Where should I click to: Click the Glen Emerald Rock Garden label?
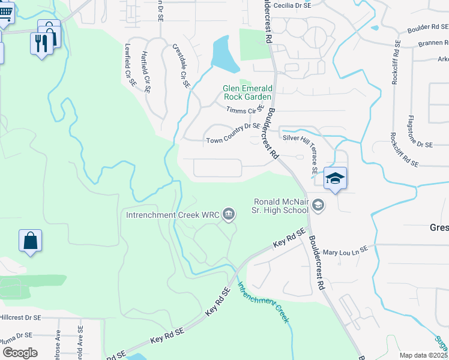pos(247,92)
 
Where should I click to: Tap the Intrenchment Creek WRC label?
pos(172,214)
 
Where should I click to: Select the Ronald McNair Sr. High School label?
pos(280,206)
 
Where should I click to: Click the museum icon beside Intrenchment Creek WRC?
pos(228,214)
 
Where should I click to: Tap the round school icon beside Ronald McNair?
pos(318,206)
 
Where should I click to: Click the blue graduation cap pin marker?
pos(336,178)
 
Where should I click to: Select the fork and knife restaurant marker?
pos(41,43)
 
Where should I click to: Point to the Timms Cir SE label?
pos(246,109)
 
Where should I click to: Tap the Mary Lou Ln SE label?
pos(345,251)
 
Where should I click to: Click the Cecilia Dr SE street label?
pos(292,5)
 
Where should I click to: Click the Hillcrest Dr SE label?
pos(20,317)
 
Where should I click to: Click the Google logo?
pos(20,352)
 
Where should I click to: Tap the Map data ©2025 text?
pos(423,355)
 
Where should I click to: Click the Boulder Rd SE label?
pos(427,27)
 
